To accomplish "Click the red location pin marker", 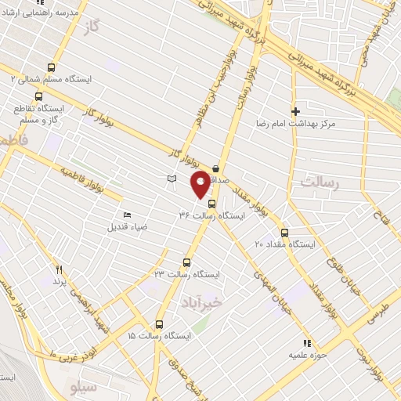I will click(200, 186).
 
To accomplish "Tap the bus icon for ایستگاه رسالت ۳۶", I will click(211, 203).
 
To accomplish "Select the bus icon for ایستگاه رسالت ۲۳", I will click(186, 262).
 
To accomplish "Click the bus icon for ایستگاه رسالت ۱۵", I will click(160, 324).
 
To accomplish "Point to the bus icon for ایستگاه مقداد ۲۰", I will click(284, 233).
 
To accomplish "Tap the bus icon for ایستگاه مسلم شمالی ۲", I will click(52, 68).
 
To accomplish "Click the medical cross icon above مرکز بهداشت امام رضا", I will click(295, 112).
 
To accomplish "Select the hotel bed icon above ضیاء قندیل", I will click(127, 215).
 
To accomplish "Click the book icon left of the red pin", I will click(172, 179).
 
